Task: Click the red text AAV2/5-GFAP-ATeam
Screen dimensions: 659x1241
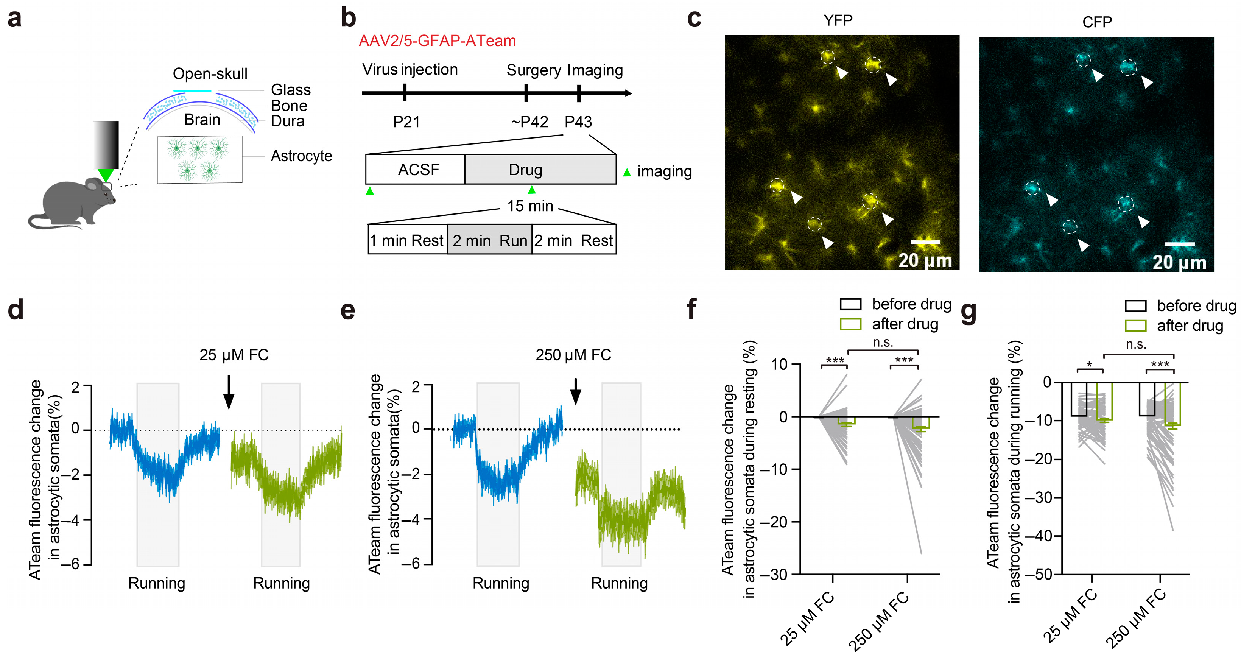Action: coord(437,41)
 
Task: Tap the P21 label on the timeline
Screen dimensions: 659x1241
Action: coord(406,122)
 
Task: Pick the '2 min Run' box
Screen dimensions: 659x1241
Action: coord(489,240)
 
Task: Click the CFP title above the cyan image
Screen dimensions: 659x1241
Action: coord(1097,22)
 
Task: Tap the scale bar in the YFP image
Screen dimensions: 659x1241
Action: coord(925,242)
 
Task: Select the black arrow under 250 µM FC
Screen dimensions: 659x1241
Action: coord(575,391)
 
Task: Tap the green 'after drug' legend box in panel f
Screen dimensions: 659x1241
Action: coord(850,324)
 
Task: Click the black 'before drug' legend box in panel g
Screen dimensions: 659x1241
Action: coord(1135,306)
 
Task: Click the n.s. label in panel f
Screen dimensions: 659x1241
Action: coord(883,343)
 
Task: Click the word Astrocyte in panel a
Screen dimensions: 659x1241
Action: coord(301,156)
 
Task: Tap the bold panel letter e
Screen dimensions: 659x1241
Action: coord(347,311)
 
